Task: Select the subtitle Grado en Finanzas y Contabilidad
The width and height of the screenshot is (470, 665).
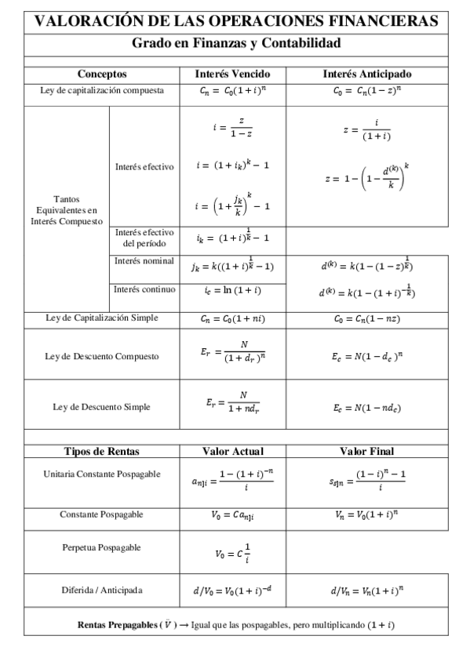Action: (x=235, y=43)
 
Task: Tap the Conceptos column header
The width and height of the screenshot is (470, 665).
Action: (x=102, y=74)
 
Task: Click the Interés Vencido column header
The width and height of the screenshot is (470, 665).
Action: (x=233, y=74)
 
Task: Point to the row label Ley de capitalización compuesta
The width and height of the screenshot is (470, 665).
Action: (x=102, y=90)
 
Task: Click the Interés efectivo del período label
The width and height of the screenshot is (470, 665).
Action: (x=144, y=238)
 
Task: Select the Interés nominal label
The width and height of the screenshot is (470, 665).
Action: (x=144, y=260)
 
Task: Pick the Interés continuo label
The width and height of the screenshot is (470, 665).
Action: (x=144, y=289)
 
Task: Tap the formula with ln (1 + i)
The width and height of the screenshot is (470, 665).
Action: (x=233, y=291)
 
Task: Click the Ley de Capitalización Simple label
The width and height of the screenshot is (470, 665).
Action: (x=102, y=318)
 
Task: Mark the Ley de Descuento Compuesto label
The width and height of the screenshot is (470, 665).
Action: (x=102, y=356)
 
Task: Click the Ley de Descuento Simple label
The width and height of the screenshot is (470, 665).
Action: (x=102, y=407)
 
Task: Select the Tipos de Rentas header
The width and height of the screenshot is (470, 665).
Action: (x=102, y=451)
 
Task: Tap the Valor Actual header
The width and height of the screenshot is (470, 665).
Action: (x=233, y=451)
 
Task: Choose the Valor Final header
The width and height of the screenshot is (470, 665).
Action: (x=367, y=451)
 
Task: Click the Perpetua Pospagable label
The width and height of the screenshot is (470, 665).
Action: (x=102, y=547)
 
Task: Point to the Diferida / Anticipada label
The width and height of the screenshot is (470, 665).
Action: (x=102, y=590)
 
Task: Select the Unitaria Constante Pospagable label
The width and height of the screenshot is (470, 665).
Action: (x=102, y=474)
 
